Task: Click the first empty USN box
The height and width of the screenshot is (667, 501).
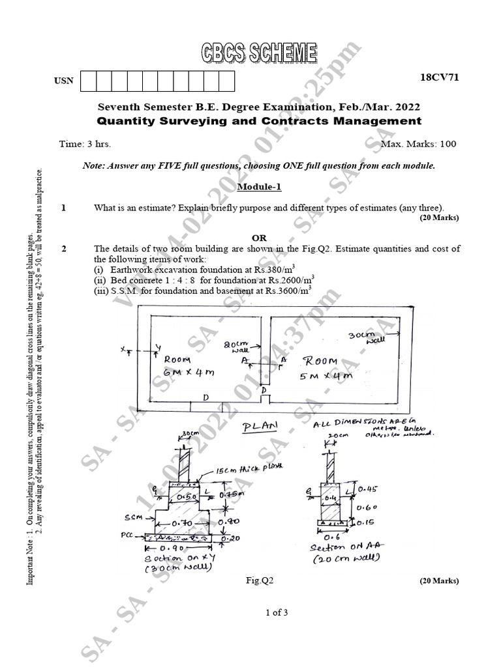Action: tap(87, 81)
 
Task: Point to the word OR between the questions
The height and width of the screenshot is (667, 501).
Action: tap(259, 238)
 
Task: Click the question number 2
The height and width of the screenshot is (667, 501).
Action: tap(63, 249)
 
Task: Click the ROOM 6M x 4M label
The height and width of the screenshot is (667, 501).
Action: tap(189, 365)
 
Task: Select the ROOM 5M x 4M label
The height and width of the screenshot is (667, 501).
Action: tap(319, 368)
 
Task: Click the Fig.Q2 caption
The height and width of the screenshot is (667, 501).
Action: tap(259, 580)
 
